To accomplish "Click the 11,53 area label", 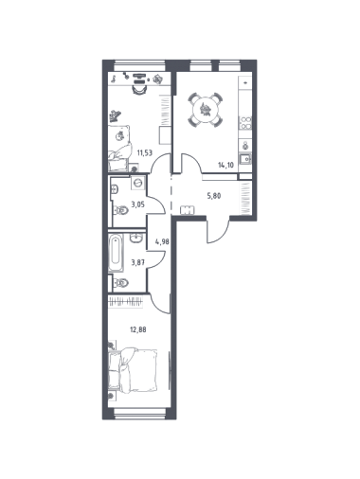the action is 144,153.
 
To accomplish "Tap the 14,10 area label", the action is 225,165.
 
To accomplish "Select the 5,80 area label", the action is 214,196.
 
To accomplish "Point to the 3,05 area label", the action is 138,204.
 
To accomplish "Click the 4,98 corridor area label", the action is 162,242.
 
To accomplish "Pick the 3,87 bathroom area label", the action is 138,262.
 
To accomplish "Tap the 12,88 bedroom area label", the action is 138,330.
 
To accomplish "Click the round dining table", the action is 206,110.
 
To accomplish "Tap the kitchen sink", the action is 245,160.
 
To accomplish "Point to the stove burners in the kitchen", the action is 245,123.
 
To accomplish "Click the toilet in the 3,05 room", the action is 120,210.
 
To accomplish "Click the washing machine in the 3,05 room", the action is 137,183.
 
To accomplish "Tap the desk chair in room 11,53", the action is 139,89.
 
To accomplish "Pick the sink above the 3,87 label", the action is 136,238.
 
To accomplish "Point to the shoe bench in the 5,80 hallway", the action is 188,210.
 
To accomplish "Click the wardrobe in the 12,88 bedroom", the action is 126,302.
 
